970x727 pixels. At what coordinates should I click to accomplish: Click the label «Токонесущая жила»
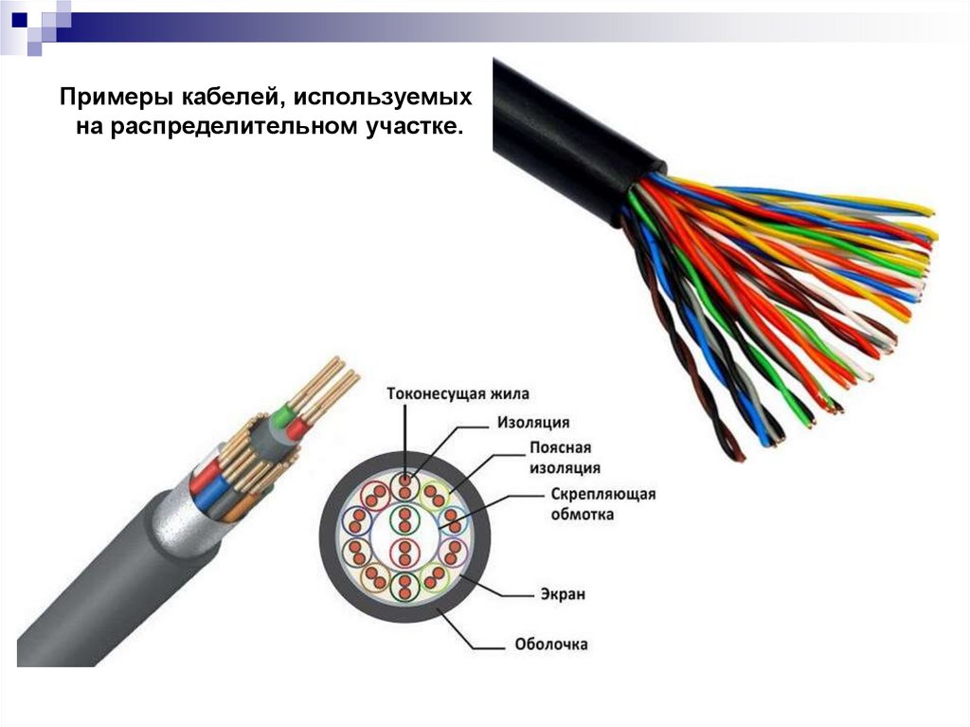[x=458, y=393]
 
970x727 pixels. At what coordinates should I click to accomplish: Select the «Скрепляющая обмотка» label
[x=602, y=504]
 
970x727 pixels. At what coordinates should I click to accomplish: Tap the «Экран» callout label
[x=564, y=594]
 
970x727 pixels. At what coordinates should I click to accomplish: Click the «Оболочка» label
[x=550, y=645]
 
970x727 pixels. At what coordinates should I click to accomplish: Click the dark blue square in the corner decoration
[x=19, y=16]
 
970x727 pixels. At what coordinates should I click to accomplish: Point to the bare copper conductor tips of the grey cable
[x=327, y=379]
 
